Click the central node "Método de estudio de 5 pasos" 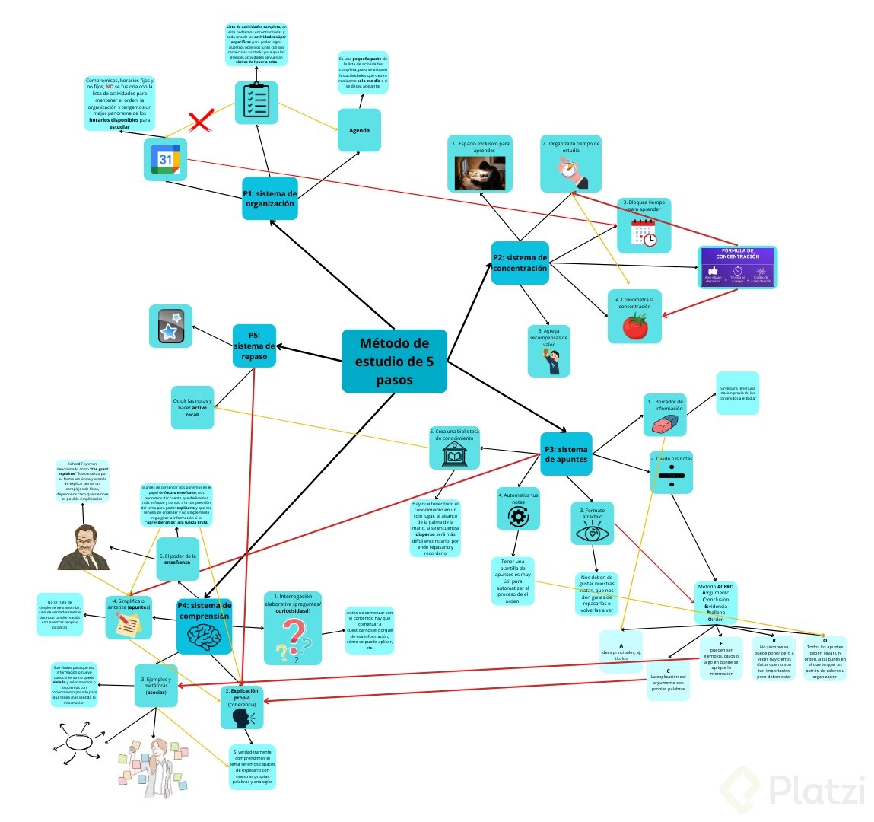[394, 362]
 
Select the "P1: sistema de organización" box [269, 198]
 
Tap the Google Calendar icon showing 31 [166, 160]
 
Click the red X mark [201, 121]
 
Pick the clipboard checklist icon [256, 102]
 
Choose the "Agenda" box [359, 130]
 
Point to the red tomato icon [634, 326]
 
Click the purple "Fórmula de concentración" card [737, 267]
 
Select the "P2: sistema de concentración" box [520, 263]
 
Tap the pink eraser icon [664, 424]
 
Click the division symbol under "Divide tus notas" [671, 477]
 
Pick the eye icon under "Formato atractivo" [593, 532]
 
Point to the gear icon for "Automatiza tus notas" [518, 517]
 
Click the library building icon [455, 456]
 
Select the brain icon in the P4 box [204, 636]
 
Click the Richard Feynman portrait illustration [84, 548]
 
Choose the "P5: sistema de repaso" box [254, 346]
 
